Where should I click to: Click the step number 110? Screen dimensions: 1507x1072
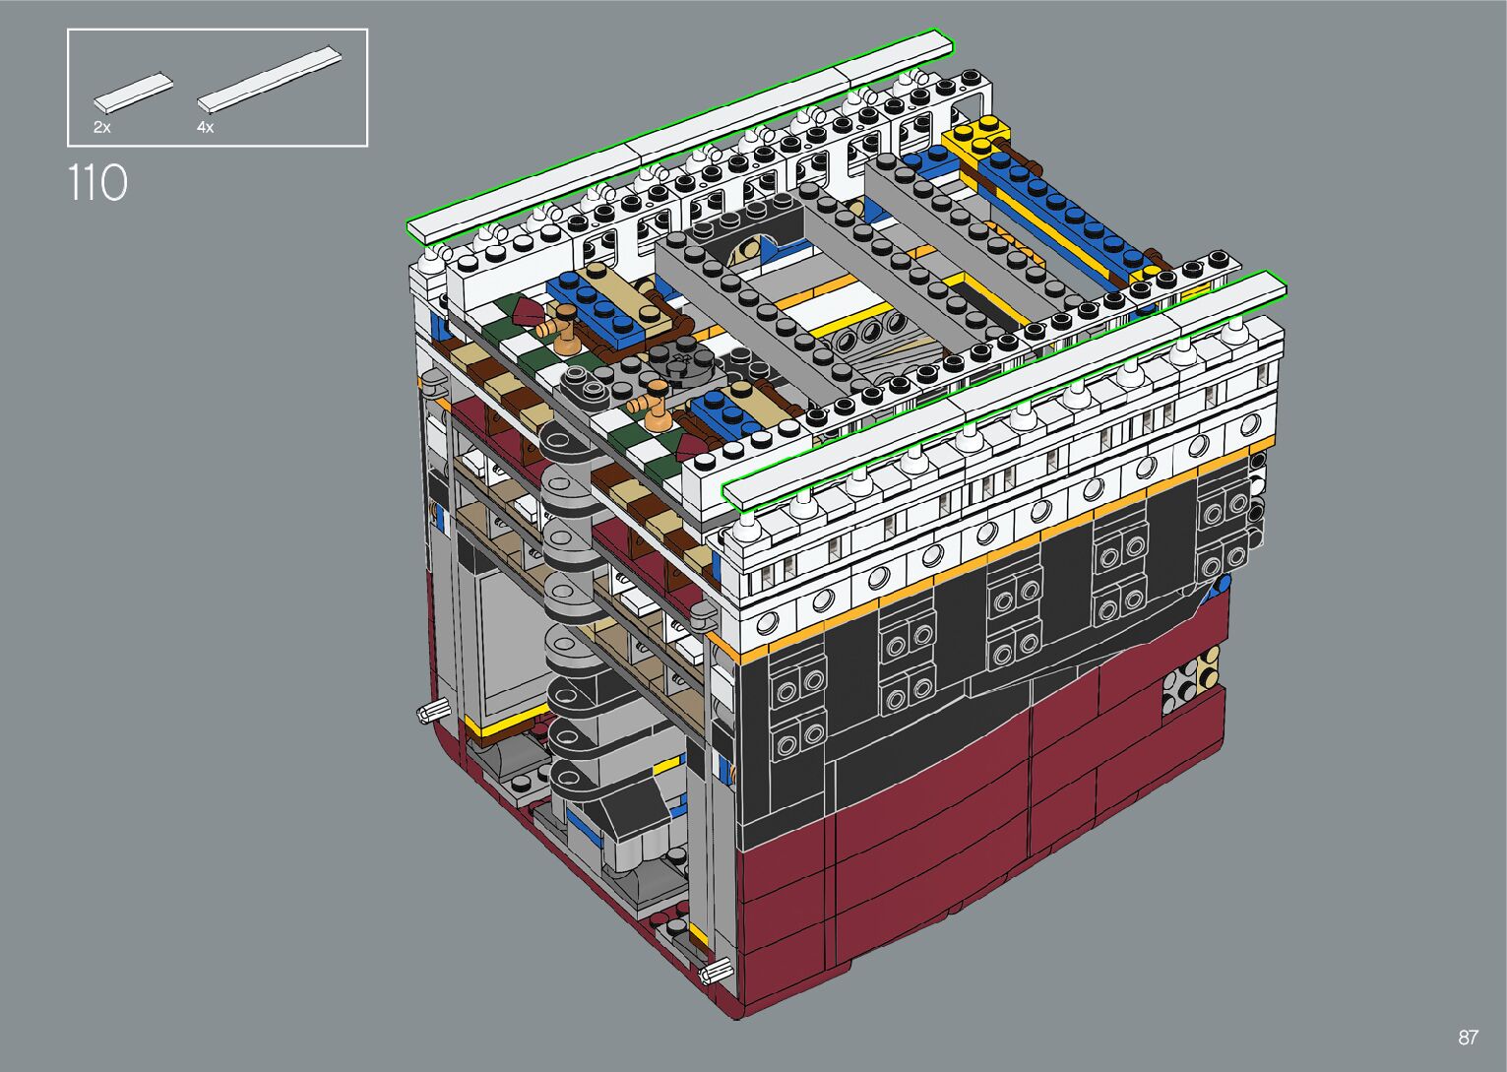pyautogui.click(x=97, y=182)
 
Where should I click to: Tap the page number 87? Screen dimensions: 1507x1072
pyautogui.click(x=1469, y=1037)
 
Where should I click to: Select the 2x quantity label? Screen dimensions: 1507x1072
pyautogui.click(x=101, y=127)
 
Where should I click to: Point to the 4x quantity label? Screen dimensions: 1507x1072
pyautogui.click(x=205, y=127)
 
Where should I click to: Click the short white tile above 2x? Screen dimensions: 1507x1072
pyautogui.click(x=133, y=92)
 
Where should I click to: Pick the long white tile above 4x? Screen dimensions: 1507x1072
pyautogui.click(x=269, y=80)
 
